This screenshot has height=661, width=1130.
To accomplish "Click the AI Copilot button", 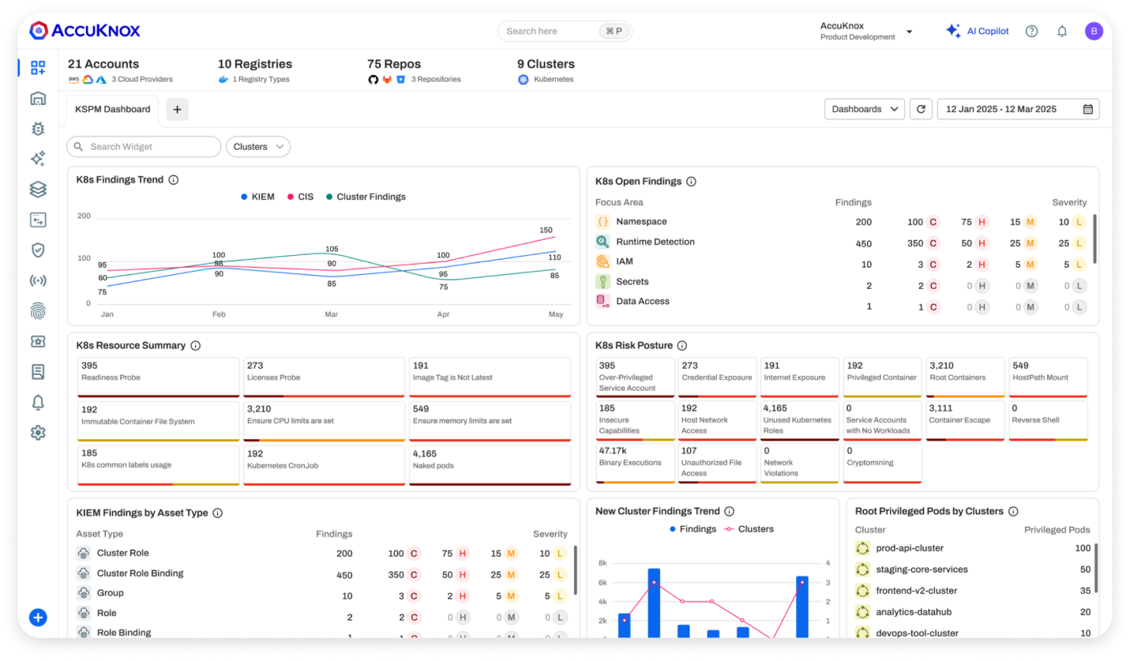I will pyautogui.click(x=978, y=32).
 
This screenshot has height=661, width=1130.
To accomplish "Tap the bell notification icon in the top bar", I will pyautogui.click(x=1062, y=32).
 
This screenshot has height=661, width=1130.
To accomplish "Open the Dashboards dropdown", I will pyautogui.click(x=864, y=109).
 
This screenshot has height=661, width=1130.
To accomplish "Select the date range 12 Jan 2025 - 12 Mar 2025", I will pyautogui.click(x=1018, y=109).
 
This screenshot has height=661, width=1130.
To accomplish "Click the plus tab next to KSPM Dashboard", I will pyautogui.click(x=177, y=110).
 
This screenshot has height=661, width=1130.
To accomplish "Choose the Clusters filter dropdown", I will pyautogui.click(x=258, y=147).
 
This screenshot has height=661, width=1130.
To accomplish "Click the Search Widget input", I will pyautogui.click(x=144, y=147).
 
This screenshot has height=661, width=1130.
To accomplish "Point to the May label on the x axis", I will pyautogui.click(x=556, y=314).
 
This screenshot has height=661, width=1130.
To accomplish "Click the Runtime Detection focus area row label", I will pyautogui.click(x=655, y=242).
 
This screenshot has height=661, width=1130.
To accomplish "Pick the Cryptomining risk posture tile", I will pyautogui.click(x=881, y=463).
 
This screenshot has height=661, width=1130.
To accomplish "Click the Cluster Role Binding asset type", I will pyautogui.click(x=140, y=573).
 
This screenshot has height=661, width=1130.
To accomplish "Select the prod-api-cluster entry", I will pyautogui.click(x=910, y=548).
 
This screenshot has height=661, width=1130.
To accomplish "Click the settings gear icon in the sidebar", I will pyautogui.click(x=38, y=433).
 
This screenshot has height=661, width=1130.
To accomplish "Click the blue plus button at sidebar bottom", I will pyautogui.click(x=38, y=618).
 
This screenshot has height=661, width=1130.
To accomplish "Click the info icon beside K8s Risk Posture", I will pyautogui.click(x=682, y=346).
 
